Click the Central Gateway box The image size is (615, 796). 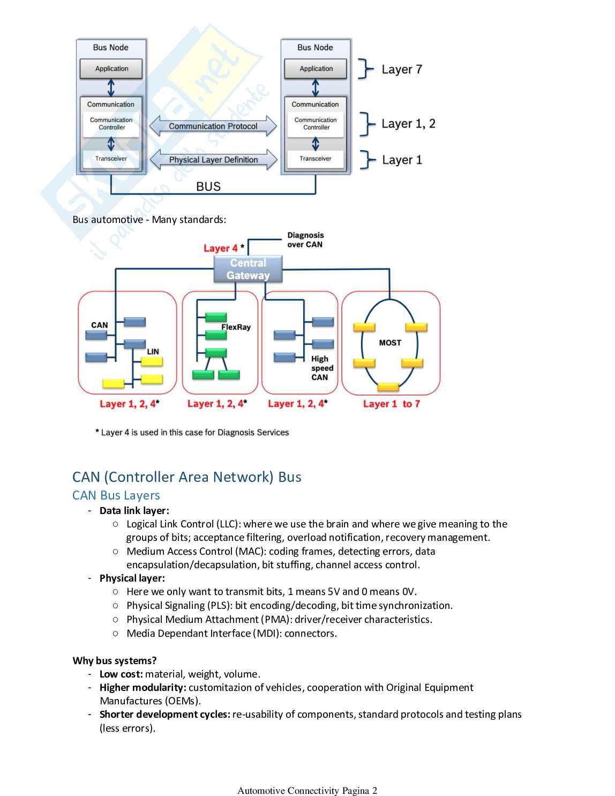pos(248,269)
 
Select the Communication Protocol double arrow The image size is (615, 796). pos(213,126)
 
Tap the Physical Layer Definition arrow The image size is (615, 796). pos(213,160)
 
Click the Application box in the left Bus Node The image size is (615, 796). pos(111,69)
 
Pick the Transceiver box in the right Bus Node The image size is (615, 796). pos(316,159)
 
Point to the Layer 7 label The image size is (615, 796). pos(402,70)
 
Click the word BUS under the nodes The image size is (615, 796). pos(208,187)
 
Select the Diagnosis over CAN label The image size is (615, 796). pos(305,240)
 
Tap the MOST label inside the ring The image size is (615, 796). pos(390,343)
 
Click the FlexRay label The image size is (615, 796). pos(236,327)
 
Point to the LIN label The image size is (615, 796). pos(153,352)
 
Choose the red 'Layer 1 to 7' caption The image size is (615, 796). pos(392,404)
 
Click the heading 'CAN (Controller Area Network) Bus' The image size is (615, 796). pos(187,477)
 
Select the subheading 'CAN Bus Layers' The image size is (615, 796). pos(116,495)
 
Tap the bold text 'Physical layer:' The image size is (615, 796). pos(132,578)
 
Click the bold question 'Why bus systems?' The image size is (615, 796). pos(115,660)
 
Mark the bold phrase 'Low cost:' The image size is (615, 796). pos(121,674)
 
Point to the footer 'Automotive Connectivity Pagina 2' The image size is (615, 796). pos(307,790)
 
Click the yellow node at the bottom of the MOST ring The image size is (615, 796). pos(388,386)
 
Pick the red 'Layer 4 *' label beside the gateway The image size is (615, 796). pos(223,248)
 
